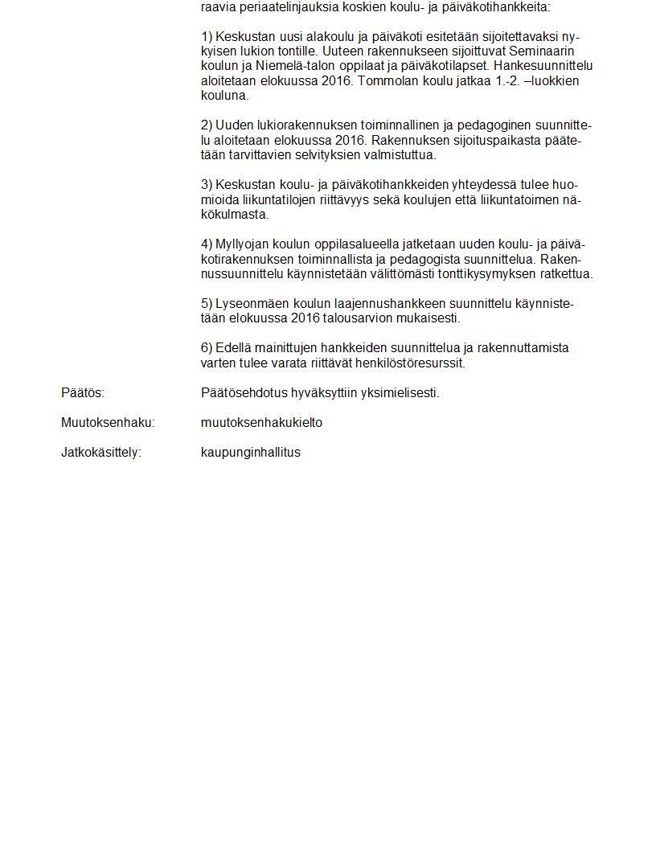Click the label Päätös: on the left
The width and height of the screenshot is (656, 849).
(83, 393)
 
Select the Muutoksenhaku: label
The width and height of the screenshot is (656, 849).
(108, 423)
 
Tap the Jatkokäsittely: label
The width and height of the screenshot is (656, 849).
(101, 452)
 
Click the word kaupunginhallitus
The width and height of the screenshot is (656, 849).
(251, 452)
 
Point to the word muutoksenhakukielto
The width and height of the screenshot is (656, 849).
(261, 423)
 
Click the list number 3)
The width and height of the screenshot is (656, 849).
(207, 185)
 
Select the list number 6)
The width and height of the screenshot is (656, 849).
(207, 348)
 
